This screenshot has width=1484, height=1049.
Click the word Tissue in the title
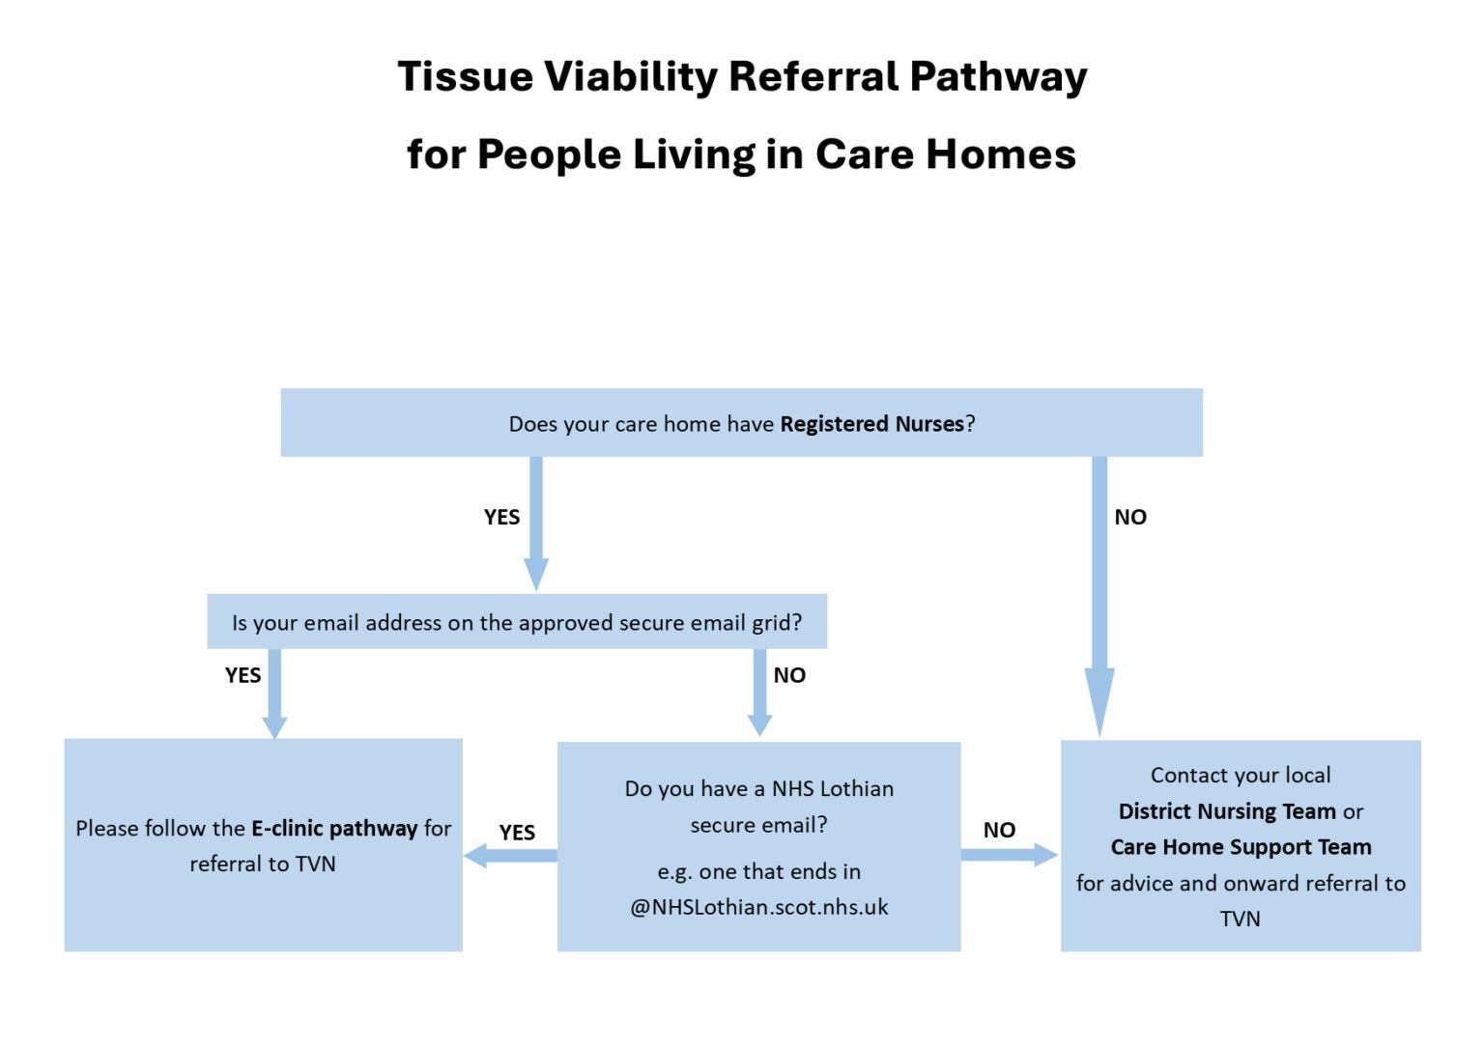465,76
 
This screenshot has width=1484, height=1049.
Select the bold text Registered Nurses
871,424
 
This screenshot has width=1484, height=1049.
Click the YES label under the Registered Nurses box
501,518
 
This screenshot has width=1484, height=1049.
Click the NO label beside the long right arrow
1130,518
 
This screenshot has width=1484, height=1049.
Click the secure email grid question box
517,623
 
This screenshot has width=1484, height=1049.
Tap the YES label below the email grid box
243,676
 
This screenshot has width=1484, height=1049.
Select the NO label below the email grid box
789,676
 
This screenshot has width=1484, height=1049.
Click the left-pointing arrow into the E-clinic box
508,856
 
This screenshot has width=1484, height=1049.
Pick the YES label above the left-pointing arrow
517,833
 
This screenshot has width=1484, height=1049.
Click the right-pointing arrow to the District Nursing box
1011,854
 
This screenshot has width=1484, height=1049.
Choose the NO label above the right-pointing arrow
999,831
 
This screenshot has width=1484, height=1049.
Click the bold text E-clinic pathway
334,829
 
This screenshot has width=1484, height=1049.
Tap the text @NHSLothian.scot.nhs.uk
759,908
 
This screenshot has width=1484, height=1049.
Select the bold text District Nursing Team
1227,811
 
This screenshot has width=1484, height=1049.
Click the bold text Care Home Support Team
1241,847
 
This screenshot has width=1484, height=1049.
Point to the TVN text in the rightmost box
1241,919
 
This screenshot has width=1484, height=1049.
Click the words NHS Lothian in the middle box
833,789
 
